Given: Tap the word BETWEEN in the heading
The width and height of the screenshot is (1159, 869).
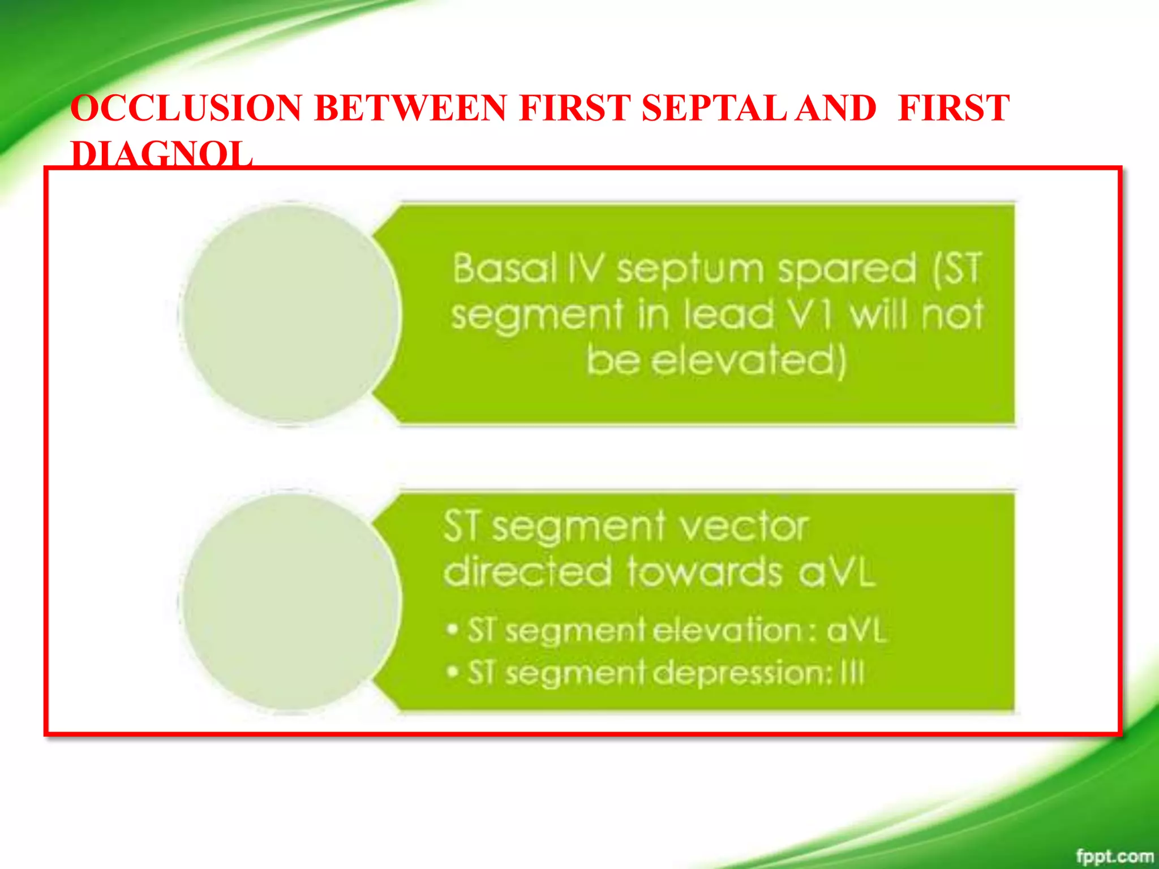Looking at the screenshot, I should [410, 108].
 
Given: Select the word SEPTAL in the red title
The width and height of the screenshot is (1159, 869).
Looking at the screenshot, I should [714, 108].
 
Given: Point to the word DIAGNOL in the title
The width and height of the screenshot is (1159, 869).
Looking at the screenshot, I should [162, 154].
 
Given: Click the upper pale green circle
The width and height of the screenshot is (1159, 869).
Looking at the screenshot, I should [290, 313].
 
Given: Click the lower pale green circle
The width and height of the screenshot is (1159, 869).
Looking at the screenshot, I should [290, 601].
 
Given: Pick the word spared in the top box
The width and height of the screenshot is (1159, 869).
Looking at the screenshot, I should [847, 270].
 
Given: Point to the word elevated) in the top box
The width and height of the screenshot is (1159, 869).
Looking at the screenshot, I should [748, 360].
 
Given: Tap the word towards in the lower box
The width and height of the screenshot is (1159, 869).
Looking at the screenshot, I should [705, 572].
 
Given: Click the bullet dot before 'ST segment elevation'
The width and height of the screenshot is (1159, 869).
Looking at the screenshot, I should [452, 630].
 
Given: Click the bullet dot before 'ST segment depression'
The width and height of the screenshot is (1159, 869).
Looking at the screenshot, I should [452, 672].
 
